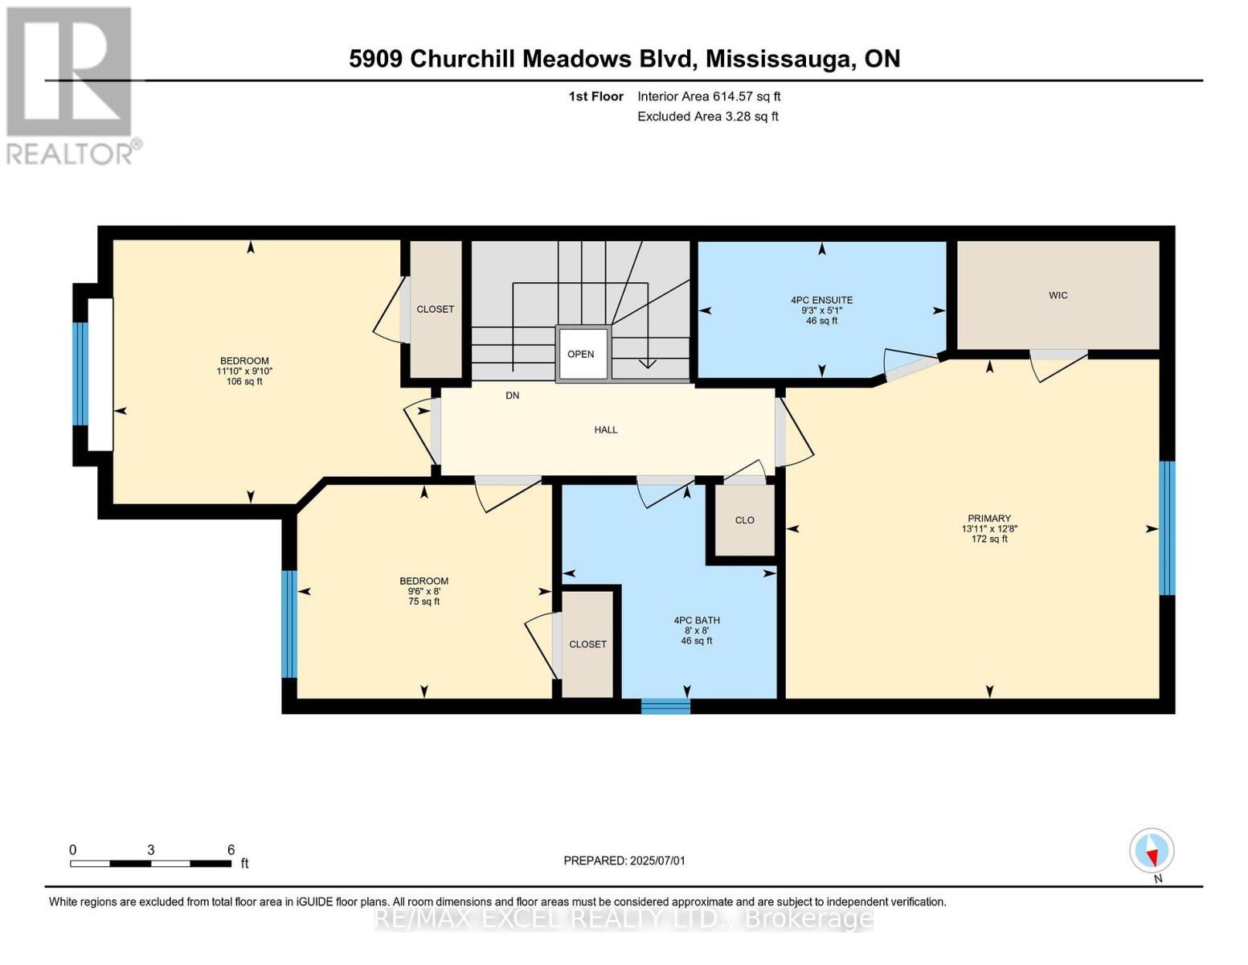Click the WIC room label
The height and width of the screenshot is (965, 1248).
(1058, 295)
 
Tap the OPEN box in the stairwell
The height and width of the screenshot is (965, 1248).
(581, 354)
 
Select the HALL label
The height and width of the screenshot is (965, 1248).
(606, 429)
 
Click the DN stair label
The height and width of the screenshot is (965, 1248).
(513, 396)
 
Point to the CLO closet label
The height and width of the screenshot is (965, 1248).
(744, 520)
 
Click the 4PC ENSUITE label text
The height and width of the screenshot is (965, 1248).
(821, 300)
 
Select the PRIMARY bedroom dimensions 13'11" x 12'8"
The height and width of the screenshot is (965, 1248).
(989, 529)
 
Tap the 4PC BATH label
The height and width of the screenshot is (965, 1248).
(697, 620)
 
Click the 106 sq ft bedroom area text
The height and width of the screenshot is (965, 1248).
(244, 382)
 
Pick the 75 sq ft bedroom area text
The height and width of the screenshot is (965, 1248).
(424, 602)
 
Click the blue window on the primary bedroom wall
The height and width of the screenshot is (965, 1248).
(1167, 528)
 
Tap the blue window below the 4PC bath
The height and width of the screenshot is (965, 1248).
(665, 706)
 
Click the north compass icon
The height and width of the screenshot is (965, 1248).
(1152, 851)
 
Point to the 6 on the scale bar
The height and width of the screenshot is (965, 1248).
(231, 850)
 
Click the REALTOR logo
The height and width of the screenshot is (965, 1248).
(71, 84)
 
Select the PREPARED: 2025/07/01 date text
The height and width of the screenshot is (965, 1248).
(624, 860)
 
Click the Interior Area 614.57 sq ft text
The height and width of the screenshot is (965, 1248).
(709, 96)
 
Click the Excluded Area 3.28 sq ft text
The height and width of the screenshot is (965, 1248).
(707, 117)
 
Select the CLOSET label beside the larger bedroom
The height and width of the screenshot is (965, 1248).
(435, 310)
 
